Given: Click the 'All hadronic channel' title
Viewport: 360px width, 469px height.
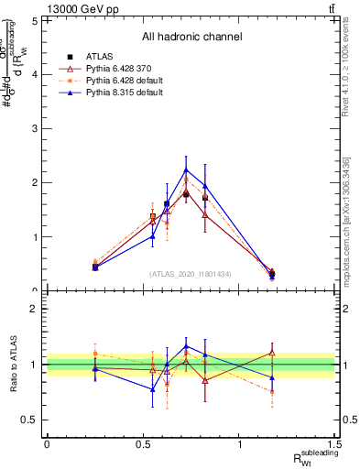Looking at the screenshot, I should pos(191,37).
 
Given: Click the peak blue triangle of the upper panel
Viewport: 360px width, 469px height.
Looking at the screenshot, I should pos(186,169).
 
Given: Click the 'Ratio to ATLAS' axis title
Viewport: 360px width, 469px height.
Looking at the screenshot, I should pos(13,365).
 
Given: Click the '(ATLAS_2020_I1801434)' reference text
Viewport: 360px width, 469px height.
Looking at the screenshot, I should pos(191,273).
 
